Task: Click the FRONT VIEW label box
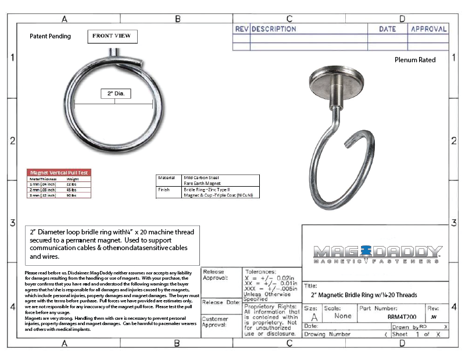click(113, 36)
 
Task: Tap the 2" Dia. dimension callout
click(115, 94)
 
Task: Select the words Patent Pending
click(50, 36)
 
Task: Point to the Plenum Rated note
click(415, 59)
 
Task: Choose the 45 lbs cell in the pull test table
click(72, 190)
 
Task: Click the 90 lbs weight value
click(72, 195)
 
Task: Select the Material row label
click(164, 177)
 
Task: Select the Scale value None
click(343, 316)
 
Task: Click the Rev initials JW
click(434, 318)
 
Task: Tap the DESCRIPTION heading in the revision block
click(274, 29)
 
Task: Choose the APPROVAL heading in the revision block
click(429, 29)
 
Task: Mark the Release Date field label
click(221, 302)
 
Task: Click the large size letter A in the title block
click(314, 318)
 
